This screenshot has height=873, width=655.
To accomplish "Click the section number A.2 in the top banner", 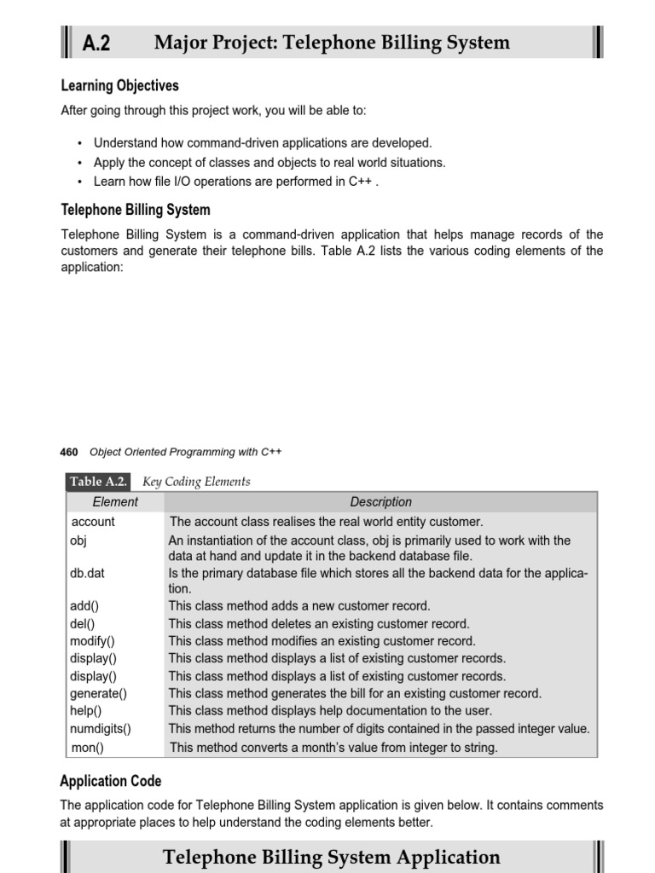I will [x=96, y=43].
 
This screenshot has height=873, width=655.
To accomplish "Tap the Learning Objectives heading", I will [x=119, y=86].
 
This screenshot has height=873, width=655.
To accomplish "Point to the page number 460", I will [x=69, y=452].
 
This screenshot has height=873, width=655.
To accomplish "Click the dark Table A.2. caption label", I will [x=98, y=482].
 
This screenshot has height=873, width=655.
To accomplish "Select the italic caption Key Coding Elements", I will [x=196, y=482].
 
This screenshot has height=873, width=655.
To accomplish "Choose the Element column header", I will [x=114, y=502].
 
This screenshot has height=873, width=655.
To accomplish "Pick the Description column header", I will [x=380, y=502].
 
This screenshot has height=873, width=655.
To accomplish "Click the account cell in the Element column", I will [x=93, y=522].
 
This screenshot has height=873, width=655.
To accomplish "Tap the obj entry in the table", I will [x=78, y=541].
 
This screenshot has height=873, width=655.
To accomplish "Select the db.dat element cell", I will [x=87, y=574].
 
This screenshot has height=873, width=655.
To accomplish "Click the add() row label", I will [x=84, y=606].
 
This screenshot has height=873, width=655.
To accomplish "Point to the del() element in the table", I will [x=82, y=624].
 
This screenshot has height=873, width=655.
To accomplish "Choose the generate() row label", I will [x=98, y=694].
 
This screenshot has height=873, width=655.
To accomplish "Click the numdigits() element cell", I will [x=101, y=729].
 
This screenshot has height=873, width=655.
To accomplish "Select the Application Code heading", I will [x=110, y=781].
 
